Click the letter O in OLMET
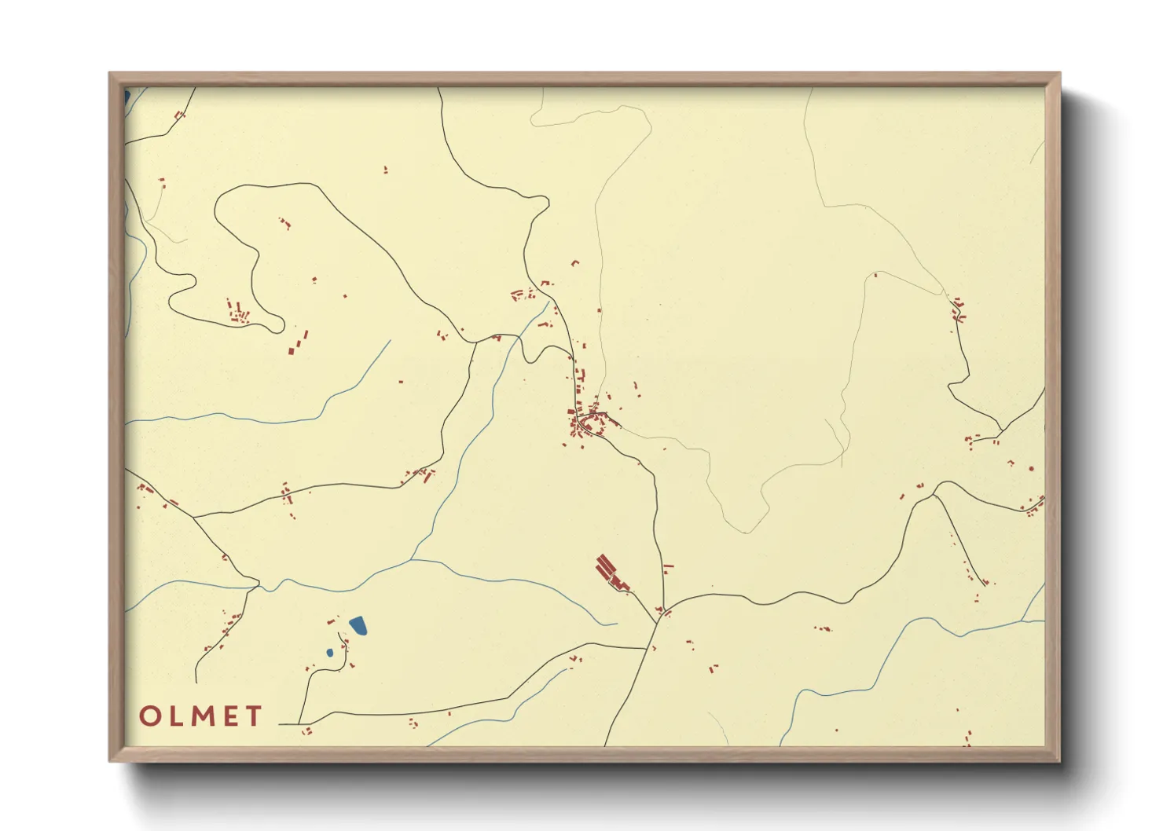151,716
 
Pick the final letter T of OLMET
253,716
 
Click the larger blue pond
359,625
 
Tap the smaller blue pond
330,653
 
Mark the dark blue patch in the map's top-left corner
127,97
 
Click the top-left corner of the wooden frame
110,74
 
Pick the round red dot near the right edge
1031,469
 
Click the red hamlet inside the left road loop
237,312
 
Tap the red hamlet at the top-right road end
957,309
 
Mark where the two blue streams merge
412,560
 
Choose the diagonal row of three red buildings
297,342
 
